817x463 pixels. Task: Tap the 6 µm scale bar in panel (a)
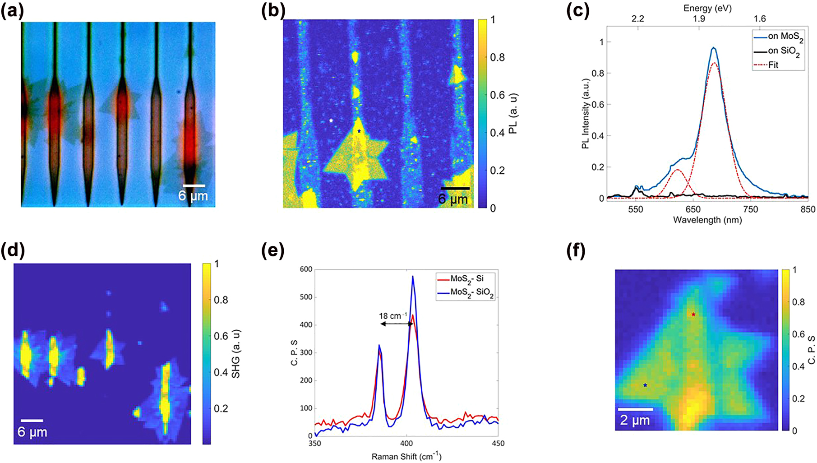194,185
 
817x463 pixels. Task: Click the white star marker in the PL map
331,120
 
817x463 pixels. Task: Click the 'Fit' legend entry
773,65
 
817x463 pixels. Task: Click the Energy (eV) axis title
707,8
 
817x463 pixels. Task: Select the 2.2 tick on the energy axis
637,19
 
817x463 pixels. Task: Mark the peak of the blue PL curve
714,47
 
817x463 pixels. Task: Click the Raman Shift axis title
406,457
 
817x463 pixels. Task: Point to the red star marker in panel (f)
693,315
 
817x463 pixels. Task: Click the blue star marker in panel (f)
645,385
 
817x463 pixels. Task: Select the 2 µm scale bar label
635,420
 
